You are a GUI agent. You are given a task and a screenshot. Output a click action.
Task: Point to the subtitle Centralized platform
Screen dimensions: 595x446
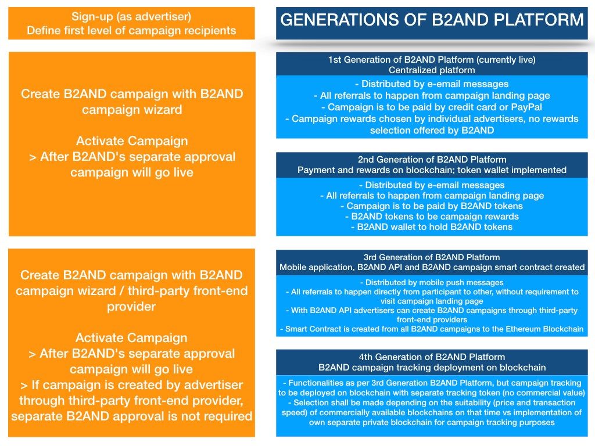pos(432,70)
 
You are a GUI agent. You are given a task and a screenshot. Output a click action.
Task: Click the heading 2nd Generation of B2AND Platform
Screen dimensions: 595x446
pos(432,160)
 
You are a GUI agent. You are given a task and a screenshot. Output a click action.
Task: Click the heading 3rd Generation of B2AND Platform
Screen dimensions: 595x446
pos(432,257)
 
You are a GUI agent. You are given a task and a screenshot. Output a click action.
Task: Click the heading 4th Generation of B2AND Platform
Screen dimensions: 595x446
pos(432,357)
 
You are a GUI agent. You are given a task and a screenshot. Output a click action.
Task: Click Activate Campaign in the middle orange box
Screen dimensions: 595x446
pos(132,141)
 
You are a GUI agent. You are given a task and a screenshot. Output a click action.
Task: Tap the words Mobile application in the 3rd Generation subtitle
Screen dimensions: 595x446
pos(317,267)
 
